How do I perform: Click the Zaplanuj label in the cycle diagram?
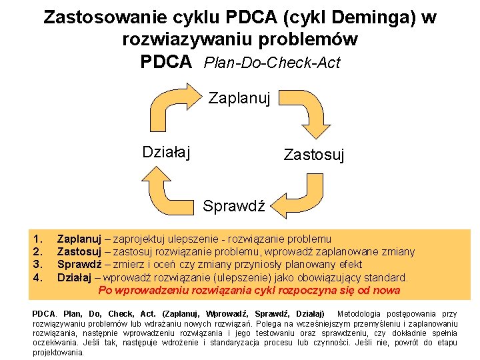tap(239, 99)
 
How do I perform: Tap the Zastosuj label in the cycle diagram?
tap(314, 155)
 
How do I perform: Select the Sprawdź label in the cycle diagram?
tap(234, 205)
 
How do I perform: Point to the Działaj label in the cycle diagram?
tap(167, 152)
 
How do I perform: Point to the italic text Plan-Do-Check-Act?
tap(272, 63)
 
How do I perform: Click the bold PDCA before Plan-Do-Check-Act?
tap(167, 62)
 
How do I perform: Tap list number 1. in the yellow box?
tap(38, 239)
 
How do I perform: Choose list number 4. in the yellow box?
tap(38, 277)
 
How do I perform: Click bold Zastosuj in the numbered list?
tap(79, 251)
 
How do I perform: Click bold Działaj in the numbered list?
tap(75, 277)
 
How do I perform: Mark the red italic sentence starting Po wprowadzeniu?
tap(249, 290)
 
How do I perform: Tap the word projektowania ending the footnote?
tap(58, 352)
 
